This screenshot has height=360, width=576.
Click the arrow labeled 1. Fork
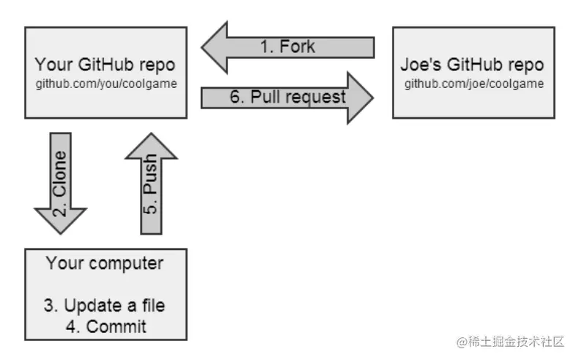pos(288,48)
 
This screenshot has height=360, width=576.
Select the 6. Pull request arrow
pos(287,98)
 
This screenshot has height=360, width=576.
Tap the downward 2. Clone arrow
pos(61,183)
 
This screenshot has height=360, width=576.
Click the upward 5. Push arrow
pos(152,183)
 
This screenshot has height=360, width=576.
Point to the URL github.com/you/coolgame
pos(106,84)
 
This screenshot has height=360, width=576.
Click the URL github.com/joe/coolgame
pos(474,84)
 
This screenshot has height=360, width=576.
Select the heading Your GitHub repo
pos(105,65)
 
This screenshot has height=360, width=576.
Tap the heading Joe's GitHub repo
pos(472,65)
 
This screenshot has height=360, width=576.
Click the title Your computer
pos(105,263)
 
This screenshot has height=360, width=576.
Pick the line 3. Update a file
pos(104,305)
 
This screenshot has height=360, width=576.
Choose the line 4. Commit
pos(106,326)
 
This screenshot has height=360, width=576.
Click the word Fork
pos(298,47)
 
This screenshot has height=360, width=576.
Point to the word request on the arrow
pos(316,98)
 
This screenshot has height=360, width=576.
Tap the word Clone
pos(59,173)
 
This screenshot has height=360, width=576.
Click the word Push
pos(150,173)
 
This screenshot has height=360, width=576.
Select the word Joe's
pos(421,65)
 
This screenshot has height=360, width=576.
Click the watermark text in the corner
pos(510,342)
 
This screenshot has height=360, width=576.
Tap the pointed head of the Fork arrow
pos(202,48)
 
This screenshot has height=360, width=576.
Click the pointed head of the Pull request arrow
pos(373,98)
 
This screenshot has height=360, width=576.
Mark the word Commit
pos(116,326)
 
